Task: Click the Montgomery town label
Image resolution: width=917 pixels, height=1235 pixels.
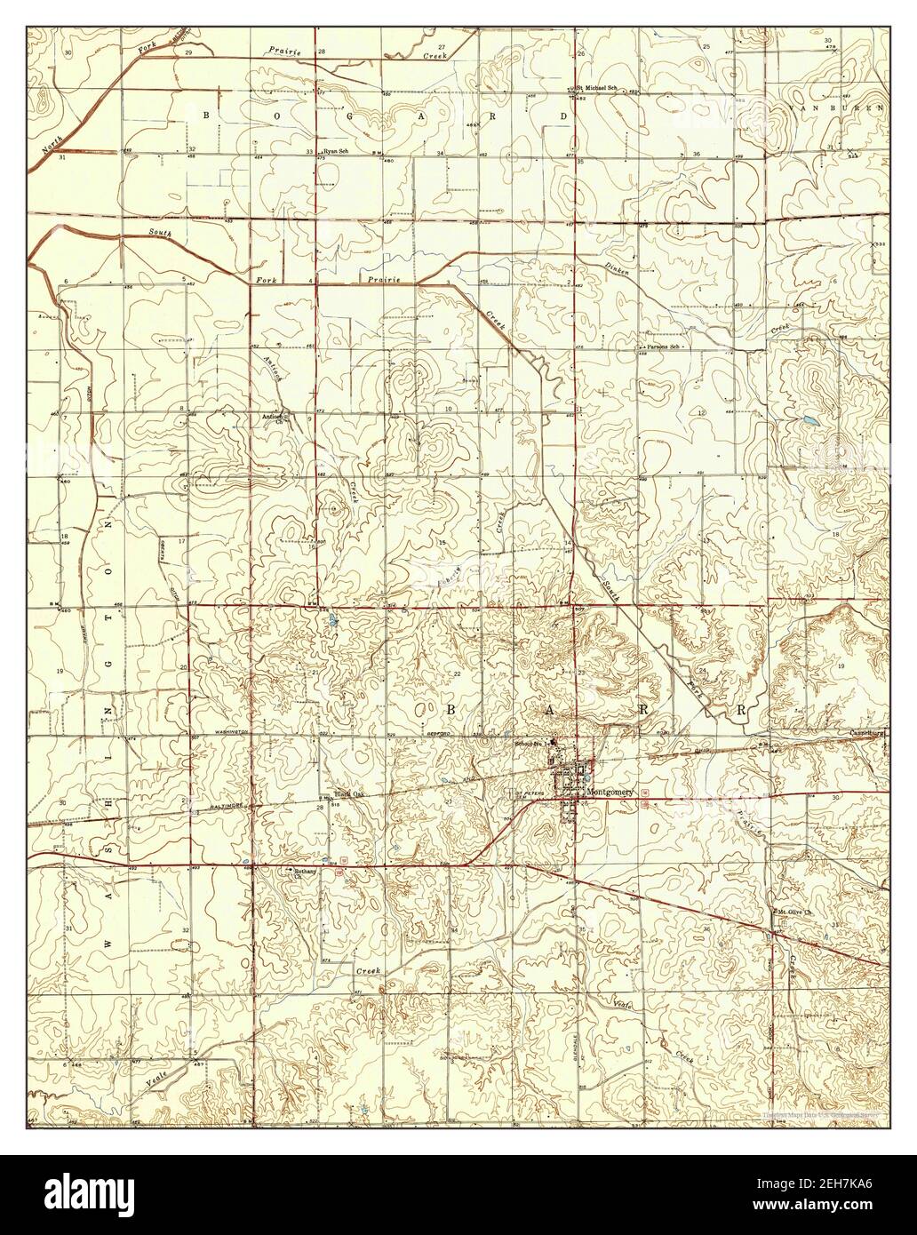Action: point(610,791)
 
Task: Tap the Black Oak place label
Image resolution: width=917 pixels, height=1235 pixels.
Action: point(349,794)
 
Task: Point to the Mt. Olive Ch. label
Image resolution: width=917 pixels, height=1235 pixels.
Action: point(795,912)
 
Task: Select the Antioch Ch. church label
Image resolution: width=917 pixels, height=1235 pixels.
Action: point(271,418)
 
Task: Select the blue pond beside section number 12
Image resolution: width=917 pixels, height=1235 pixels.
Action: point(809,419)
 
